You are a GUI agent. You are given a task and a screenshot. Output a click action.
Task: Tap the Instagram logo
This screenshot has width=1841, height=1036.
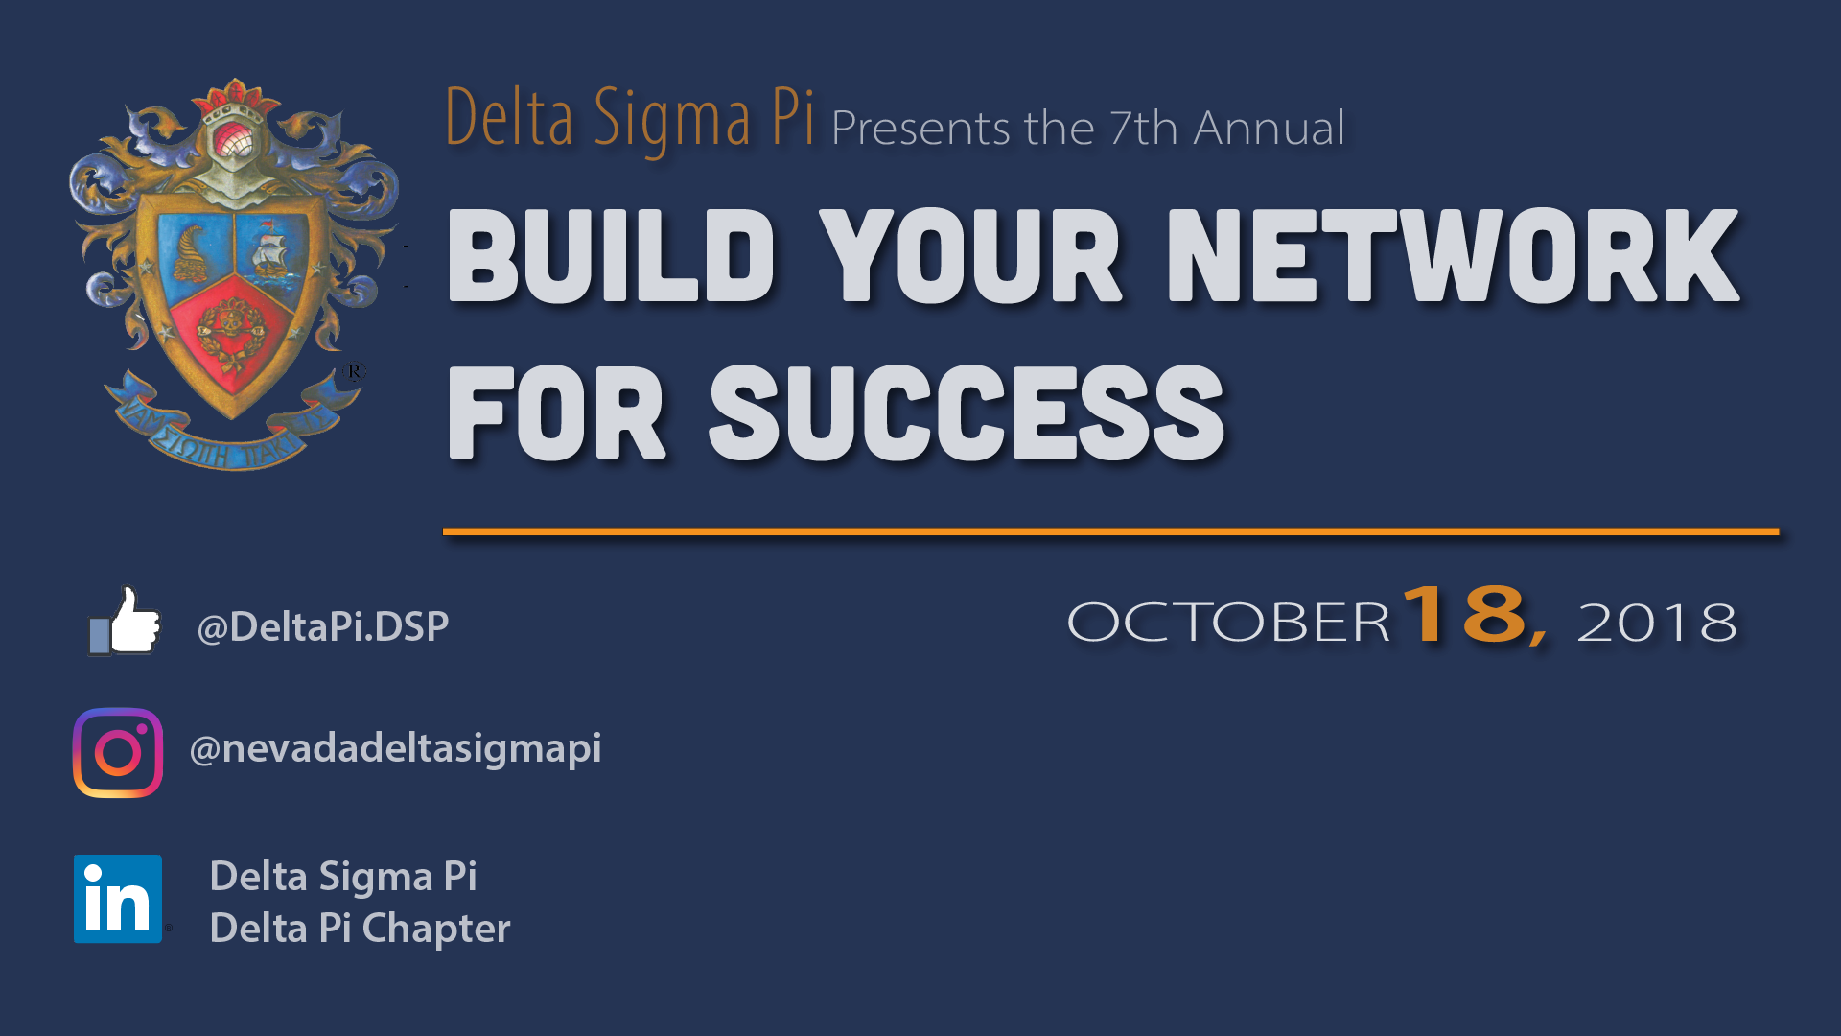coord(118,752)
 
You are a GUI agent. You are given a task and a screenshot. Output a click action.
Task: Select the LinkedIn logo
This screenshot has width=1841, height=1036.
coord(118,899)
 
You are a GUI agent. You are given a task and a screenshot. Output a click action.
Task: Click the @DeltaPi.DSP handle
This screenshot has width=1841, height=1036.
coord(322,627)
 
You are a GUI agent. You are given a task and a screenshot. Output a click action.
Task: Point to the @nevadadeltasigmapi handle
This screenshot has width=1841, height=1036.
coord(395,749)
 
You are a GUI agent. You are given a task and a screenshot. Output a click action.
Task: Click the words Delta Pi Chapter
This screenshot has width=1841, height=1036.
coord(360,929)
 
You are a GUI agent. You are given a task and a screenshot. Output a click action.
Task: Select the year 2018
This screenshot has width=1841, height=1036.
coord(1657,623)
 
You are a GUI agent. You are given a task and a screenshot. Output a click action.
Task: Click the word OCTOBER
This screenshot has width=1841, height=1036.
coord(1228,623)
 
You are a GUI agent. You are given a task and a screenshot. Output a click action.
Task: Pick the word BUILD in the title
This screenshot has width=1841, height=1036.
coord(611,255)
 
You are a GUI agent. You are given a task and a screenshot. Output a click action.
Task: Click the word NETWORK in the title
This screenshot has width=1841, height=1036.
coord(1453,255)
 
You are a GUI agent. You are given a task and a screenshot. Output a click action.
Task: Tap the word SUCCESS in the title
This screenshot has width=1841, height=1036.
coord(967,412)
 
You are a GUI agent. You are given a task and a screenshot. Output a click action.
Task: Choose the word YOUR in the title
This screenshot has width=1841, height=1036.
coord(970,255)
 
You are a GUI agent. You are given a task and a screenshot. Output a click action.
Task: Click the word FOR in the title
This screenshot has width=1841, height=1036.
coord(556,412)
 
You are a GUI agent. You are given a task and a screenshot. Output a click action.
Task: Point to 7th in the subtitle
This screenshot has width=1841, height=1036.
coord(1144,128)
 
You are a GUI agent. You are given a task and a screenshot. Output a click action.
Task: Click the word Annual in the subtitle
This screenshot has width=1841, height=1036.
coord(1270,128)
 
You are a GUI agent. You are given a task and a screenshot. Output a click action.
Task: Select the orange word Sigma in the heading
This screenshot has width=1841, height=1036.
coord(672,119)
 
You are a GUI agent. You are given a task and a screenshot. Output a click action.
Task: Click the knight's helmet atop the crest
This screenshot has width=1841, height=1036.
coord(233,144)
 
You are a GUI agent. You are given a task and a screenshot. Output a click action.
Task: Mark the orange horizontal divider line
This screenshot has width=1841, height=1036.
coord(1110,530)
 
